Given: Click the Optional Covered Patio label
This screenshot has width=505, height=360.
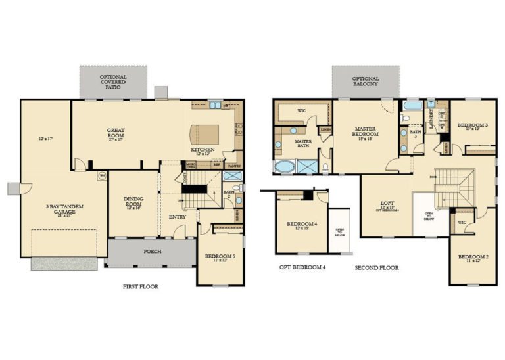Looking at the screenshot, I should (x=113, y=81).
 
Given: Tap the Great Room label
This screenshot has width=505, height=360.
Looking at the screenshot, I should (x=116, y=134).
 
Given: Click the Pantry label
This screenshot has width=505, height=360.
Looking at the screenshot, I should (x=234, y=166).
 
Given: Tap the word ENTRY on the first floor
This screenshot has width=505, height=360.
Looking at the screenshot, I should (x=178, y=217).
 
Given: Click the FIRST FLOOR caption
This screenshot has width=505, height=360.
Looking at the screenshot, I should (x=141, y=286).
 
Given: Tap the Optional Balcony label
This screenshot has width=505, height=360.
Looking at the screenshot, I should (x=365, y=81).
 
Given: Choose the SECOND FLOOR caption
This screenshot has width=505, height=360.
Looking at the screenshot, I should (x=376, y=268).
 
